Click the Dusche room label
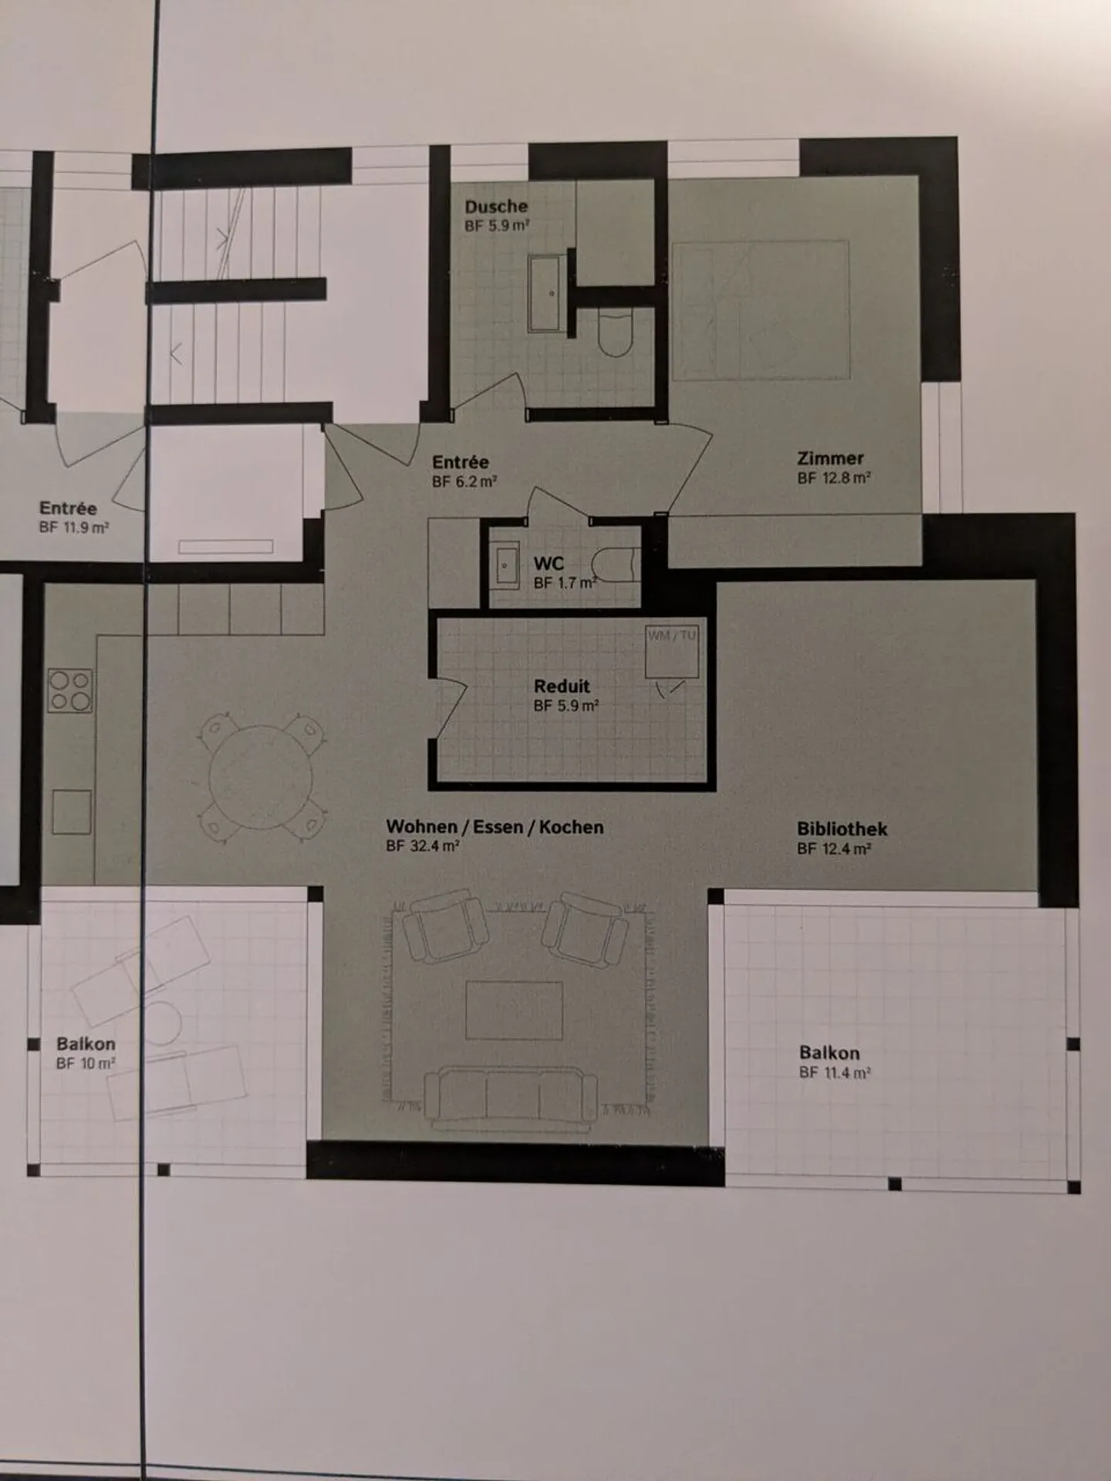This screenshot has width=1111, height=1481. coord(496,207)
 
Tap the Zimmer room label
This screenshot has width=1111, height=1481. coord(830,458)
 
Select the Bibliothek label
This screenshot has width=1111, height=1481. coord(842,829)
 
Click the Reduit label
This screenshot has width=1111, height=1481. coord(562,686)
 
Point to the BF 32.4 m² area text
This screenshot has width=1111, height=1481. coord(423,846)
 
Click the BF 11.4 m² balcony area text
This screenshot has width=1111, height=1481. coord(835,1072)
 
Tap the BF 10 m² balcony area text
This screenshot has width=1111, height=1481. coord(86,1064)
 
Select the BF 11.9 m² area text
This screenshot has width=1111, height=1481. coord(73,528)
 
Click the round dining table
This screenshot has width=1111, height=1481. coord(262,778)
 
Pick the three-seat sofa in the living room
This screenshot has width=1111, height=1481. coord(510,1098)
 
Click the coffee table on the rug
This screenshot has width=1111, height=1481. coord(514,1010)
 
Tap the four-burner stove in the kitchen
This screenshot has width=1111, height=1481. coord(70,690)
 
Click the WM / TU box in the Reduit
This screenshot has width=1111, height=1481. coord(672,652)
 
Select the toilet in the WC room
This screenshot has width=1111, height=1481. coord(618,564)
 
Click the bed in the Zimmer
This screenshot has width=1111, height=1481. coord(760,310)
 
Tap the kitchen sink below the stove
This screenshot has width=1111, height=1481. coord(72,811)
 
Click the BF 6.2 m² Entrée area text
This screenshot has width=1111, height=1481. coord(464,482)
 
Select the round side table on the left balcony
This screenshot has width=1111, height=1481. coord(162,1022)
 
